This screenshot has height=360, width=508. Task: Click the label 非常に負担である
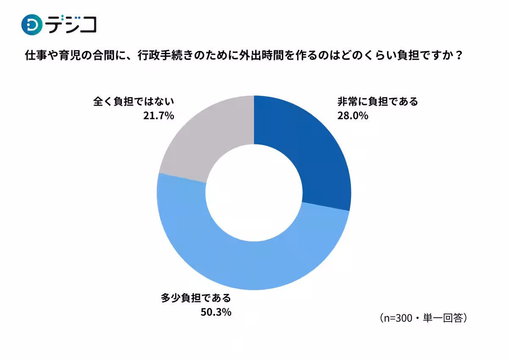pyautogui.click(x=378, y=102)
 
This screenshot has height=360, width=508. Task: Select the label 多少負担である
pyautogui.click(x=196, y=298)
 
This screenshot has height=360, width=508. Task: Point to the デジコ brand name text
pyautogui.click(x=72, y=25)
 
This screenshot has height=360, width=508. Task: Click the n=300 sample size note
pyautogui.click(x=397, y=318)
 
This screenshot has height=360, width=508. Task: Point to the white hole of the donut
pyautogui.click(x=254, y=193)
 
